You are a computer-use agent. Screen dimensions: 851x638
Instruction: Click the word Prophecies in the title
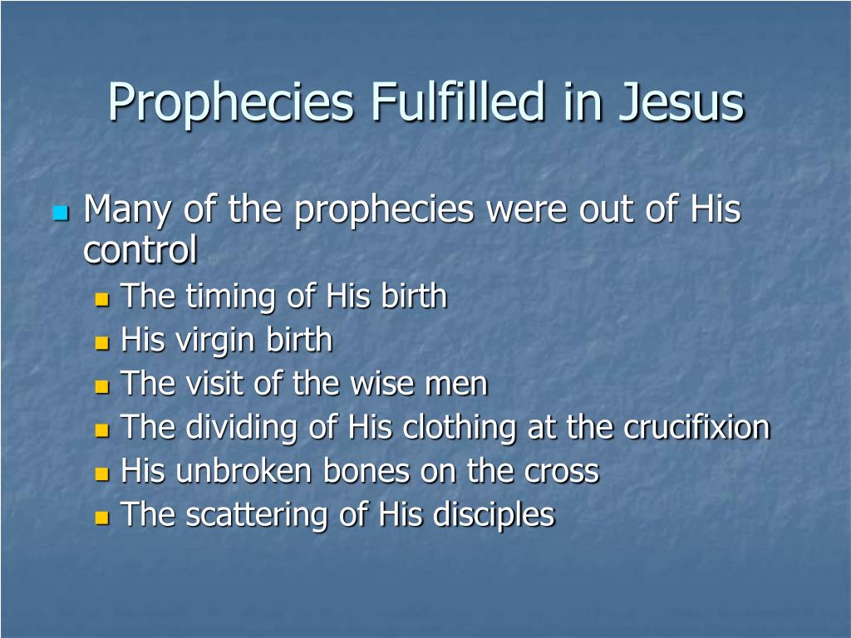tap(231, 103)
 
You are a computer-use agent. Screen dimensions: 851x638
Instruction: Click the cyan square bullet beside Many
tap(61, 213)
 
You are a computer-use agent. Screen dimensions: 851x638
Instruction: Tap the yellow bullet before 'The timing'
tap(102, 300)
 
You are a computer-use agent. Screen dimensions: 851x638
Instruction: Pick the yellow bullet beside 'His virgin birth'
tap(102, 343)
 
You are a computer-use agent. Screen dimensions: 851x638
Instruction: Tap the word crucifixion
tap(697, 427)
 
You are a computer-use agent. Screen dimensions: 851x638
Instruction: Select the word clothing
tap(460, 429)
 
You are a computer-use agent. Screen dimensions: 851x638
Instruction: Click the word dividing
tap(242, 429)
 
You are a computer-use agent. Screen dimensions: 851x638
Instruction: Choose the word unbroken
tap(243, 470)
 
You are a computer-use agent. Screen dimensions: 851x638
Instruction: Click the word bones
tap(366, 470)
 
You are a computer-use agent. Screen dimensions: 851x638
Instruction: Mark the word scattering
tap(257, 515)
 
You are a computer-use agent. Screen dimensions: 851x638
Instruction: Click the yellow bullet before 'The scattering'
tap(102, 517)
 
